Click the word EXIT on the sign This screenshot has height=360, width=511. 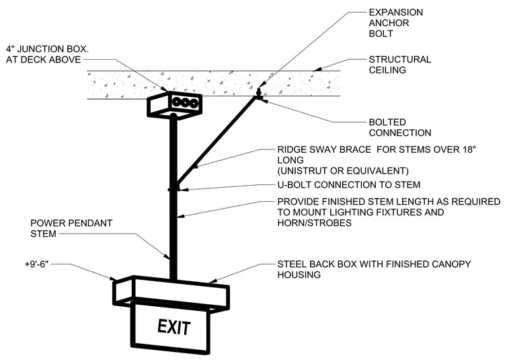pos(173,327)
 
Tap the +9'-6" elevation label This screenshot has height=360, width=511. pos(36,264)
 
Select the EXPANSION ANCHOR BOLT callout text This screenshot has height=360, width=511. pos(395,23)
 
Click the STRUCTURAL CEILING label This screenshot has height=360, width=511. pos(400,65)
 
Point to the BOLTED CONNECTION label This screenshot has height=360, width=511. pos(400,127)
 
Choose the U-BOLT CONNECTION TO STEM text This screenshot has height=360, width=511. pos(349,185)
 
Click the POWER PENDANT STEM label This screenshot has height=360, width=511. pos(71,228)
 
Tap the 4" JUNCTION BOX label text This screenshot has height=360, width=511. pos(47,54)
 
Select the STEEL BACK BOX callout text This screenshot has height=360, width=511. pos(374,269)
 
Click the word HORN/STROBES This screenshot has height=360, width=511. pos(315,223)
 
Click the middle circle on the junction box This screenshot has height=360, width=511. pos(185,103)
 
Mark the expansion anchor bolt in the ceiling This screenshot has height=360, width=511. pos(259,93)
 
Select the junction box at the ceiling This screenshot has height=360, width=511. pos(174,104)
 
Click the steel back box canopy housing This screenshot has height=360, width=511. pos(171,293)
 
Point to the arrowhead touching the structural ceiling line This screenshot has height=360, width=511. pos(317,69)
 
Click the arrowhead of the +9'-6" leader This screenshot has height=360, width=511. pos(113,278)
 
